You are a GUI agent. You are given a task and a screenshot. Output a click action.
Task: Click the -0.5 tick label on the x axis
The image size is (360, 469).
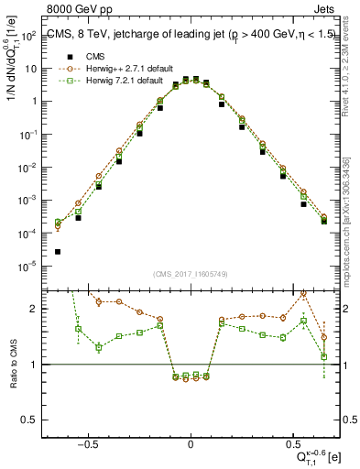87,444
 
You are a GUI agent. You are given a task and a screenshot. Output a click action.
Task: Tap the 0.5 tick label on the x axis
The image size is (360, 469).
293,444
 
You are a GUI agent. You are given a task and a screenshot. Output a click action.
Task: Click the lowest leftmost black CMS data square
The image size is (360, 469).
58,252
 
